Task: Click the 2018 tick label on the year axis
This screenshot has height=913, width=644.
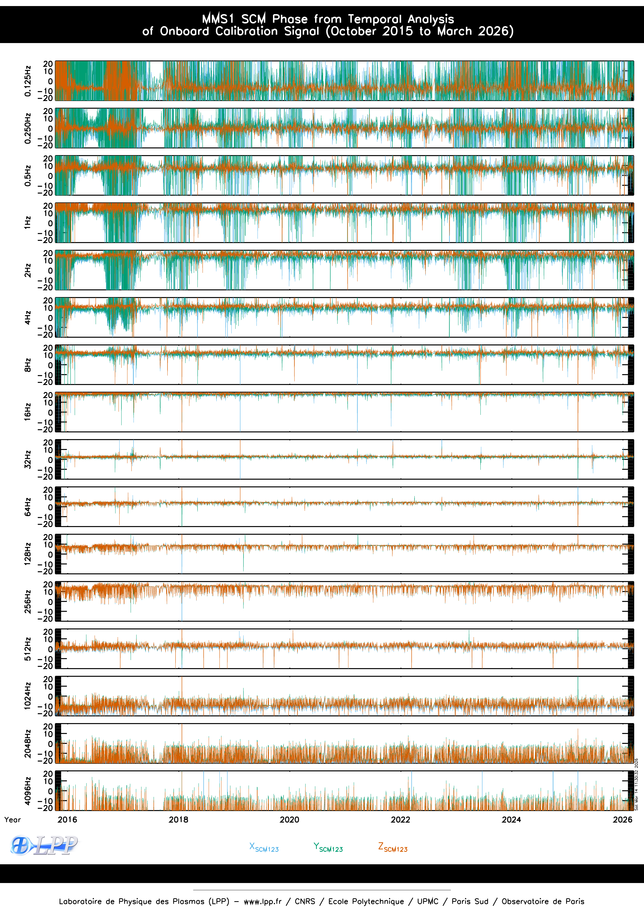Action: coord(178,820)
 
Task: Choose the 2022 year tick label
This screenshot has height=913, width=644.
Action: coord(400,820)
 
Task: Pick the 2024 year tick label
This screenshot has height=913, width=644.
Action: coord(511,820)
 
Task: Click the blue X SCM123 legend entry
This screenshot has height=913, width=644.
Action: coord(264,847)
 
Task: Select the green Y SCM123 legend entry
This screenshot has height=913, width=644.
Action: coord(328,847)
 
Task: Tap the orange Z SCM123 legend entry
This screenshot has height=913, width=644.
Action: coord(393,847)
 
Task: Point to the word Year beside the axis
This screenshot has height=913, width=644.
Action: coord(12,820)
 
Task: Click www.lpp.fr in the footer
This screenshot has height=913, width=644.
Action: coord(263,901)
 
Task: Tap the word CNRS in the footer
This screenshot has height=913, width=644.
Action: coord(305,901)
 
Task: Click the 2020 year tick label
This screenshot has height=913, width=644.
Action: coord(289,820)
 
